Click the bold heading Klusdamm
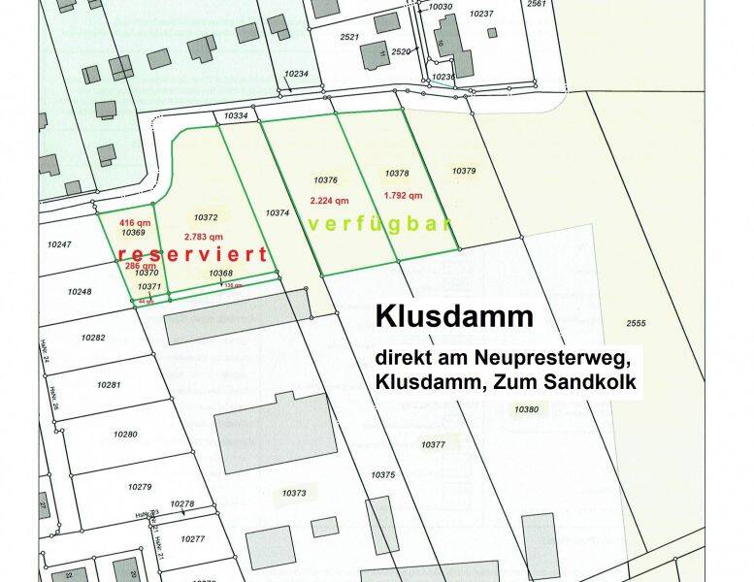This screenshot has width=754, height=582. (454, 316)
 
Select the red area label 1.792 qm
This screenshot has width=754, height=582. (403, 194)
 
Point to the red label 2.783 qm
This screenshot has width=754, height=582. (204, 236)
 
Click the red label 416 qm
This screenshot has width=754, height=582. (135, 222)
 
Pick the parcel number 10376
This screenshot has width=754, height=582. (325, 180)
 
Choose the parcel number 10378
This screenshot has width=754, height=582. (397, 174)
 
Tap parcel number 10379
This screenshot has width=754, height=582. (464, 171)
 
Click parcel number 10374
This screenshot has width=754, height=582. (278, 212)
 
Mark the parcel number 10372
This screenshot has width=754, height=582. (205, 217)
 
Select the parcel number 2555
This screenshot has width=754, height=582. (636, 322)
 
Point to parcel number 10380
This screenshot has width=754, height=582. (526, 409)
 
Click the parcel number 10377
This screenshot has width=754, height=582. (434, 443)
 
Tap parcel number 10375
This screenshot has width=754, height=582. (383, 474)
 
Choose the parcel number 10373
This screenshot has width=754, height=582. (294, 494)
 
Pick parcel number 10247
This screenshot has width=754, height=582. (60, 244)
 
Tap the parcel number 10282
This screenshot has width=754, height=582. (93, 337)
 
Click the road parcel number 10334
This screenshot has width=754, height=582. (236, 116)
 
